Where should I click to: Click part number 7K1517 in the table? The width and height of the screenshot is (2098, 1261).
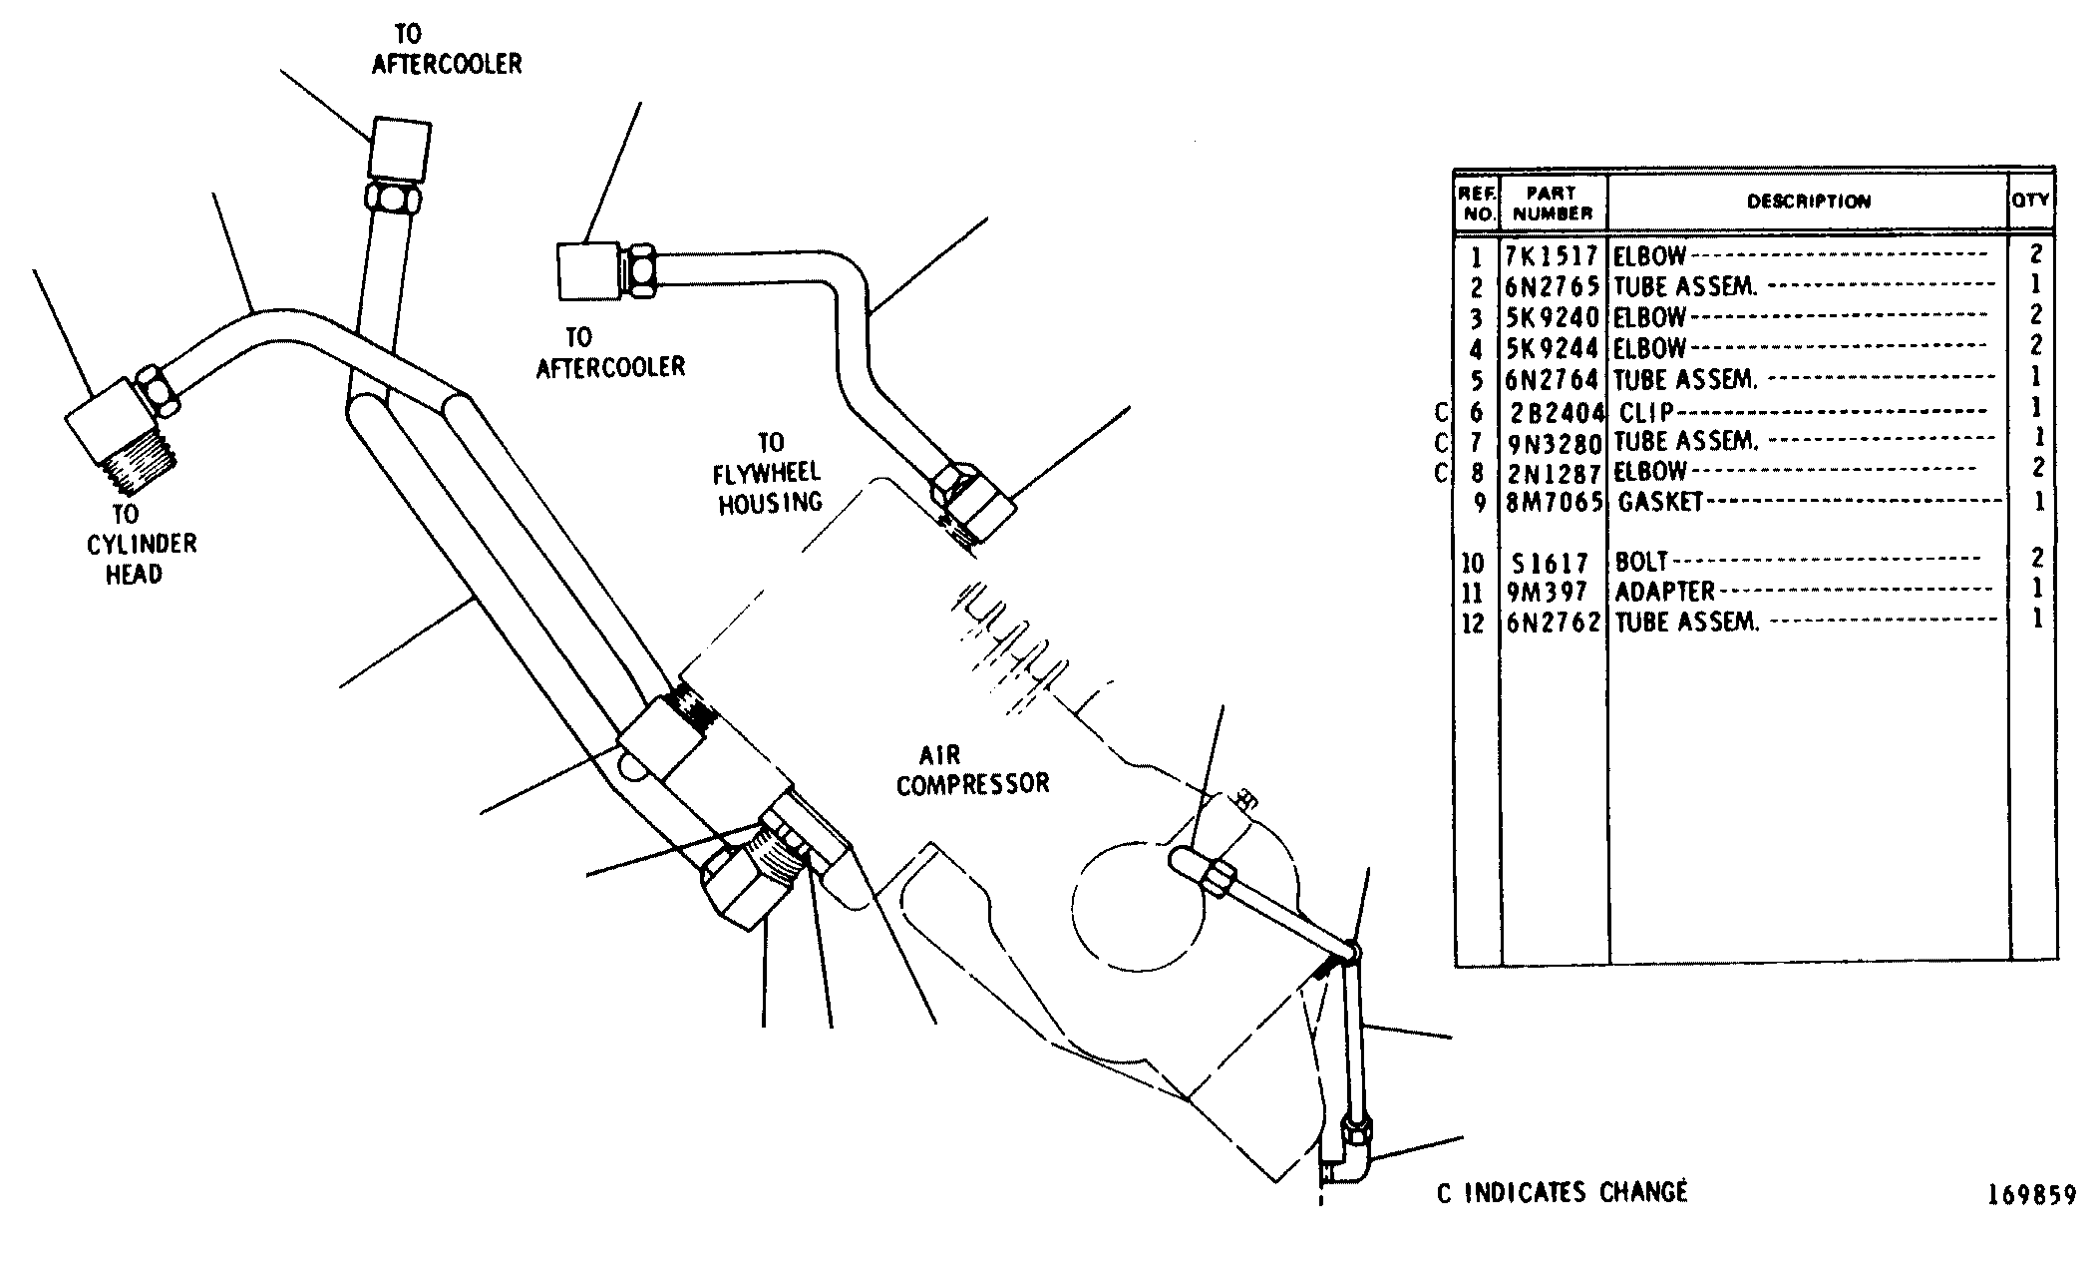click(1552, 256)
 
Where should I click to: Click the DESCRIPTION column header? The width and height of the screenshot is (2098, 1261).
click(1809, 202)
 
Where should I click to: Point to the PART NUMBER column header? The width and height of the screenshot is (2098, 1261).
click(1554, 203)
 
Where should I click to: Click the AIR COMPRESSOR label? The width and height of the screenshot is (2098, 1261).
click(973, 769)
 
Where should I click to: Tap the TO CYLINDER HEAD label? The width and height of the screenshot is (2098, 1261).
click(133, 544)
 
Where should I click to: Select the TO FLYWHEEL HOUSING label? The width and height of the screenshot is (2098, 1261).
click(771, 473)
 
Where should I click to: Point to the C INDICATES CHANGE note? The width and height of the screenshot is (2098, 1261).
click(1562, 1192)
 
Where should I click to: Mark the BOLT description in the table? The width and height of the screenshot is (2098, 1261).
click(1641, 563)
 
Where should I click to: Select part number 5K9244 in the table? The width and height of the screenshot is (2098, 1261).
click(1553, 349)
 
